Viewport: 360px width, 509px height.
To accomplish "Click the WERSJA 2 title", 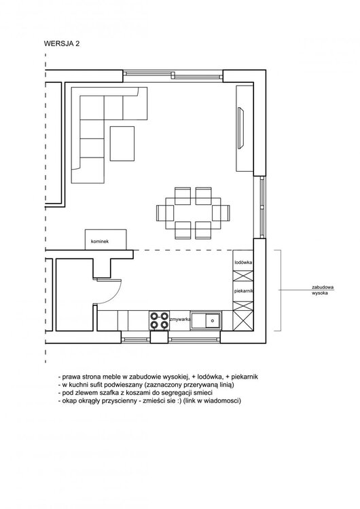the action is (x=62, y=44).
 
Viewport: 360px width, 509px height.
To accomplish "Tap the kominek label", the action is (x=100, y=242).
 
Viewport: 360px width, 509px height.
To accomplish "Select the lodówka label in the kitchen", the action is (x=243, y=262).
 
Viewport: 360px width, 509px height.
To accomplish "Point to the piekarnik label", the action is (x=244, y=291).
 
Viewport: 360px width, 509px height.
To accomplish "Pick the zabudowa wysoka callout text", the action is (x=323, y=290).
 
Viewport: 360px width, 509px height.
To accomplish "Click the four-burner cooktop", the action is (x=159, y=320).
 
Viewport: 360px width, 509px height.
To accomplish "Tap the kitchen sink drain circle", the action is (x=212, y=320).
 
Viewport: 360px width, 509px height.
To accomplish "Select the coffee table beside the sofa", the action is (x=122, y=143).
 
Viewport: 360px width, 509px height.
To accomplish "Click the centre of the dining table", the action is (x=193, y=213).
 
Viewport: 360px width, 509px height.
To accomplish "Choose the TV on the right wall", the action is (x=240, y=128).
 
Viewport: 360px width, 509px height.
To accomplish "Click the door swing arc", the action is (x=116, y=295).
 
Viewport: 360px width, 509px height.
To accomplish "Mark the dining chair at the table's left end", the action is (x=165, y=213).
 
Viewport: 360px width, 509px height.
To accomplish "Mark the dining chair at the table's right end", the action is (x=221, y=213).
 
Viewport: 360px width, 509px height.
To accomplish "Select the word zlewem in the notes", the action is (x=84, y=393).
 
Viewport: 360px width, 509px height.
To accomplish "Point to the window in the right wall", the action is (x=262, y=208).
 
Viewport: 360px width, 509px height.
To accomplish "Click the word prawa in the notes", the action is (x=71, y=377).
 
